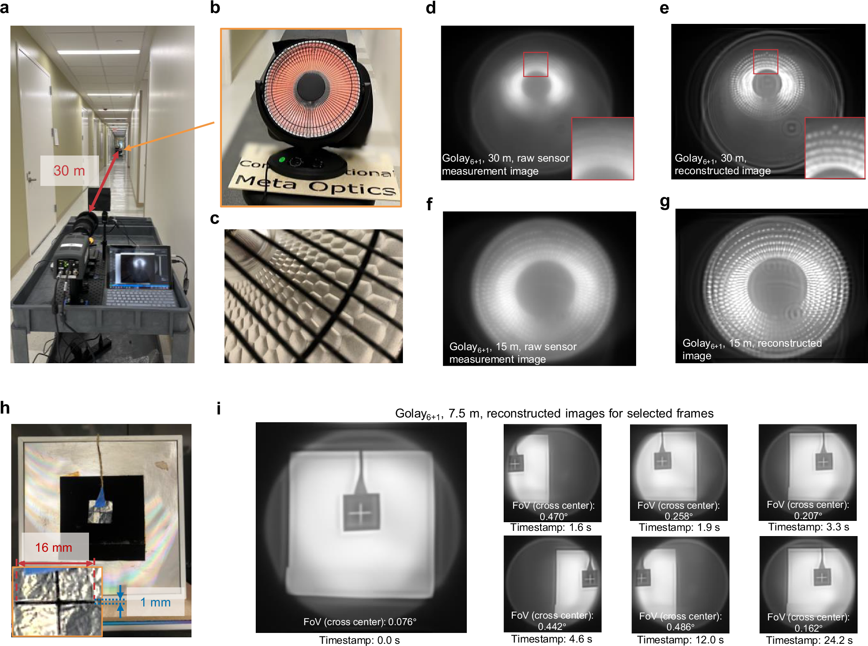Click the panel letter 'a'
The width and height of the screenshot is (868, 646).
pos(4,8)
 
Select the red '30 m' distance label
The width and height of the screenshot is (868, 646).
pos(69,171)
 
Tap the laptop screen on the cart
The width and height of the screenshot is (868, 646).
pos(140,266)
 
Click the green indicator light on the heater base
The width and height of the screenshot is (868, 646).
pos(282,159)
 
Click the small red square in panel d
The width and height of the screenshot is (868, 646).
pos(535,64)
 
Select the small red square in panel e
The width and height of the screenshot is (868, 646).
pos(766,61)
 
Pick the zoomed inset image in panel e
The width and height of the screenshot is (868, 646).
pos(835,148)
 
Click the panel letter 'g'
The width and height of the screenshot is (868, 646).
pos(664,202)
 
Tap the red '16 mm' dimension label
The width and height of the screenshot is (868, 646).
pos(53,547)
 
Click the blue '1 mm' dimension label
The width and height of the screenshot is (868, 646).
pos(155,602)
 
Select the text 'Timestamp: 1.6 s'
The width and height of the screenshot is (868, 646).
pos(551,527)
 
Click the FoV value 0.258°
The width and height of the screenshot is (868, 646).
pos(679,516)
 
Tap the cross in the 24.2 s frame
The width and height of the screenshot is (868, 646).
pos(822,577)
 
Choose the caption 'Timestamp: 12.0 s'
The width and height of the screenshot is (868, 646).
pos(680,640)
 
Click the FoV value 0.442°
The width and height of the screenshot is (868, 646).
pos(552,626)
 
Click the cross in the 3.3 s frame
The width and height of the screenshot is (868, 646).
pos(823,462)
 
